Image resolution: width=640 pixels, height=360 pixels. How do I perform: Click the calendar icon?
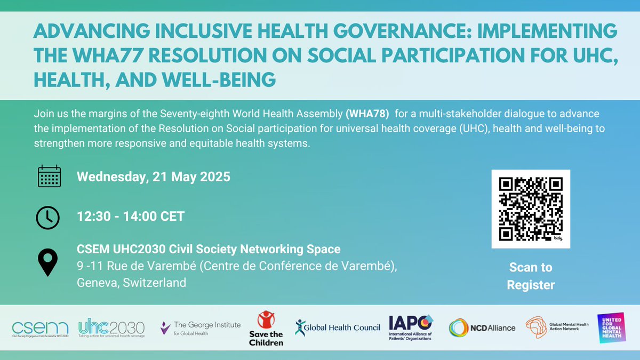[49, 176]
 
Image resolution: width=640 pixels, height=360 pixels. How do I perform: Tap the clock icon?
[48, 217]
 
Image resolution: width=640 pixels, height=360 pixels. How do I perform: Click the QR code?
[531, 209]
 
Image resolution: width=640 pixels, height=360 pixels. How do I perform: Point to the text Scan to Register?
[531, 276]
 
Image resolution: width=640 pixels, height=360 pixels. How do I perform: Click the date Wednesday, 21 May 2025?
[154, 177]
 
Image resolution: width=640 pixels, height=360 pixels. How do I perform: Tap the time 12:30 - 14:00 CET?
[131, 217]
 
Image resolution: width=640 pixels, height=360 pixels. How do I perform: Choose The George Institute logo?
[201, 327]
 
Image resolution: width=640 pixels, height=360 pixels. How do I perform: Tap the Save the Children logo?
[266, 328]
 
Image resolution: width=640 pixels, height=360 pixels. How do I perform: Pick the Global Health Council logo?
[338, 327]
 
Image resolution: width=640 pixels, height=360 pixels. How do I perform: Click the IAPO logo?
[411, 327]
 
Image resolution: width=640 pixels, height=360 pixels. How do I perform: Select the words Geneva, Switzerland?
[132, 282]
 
